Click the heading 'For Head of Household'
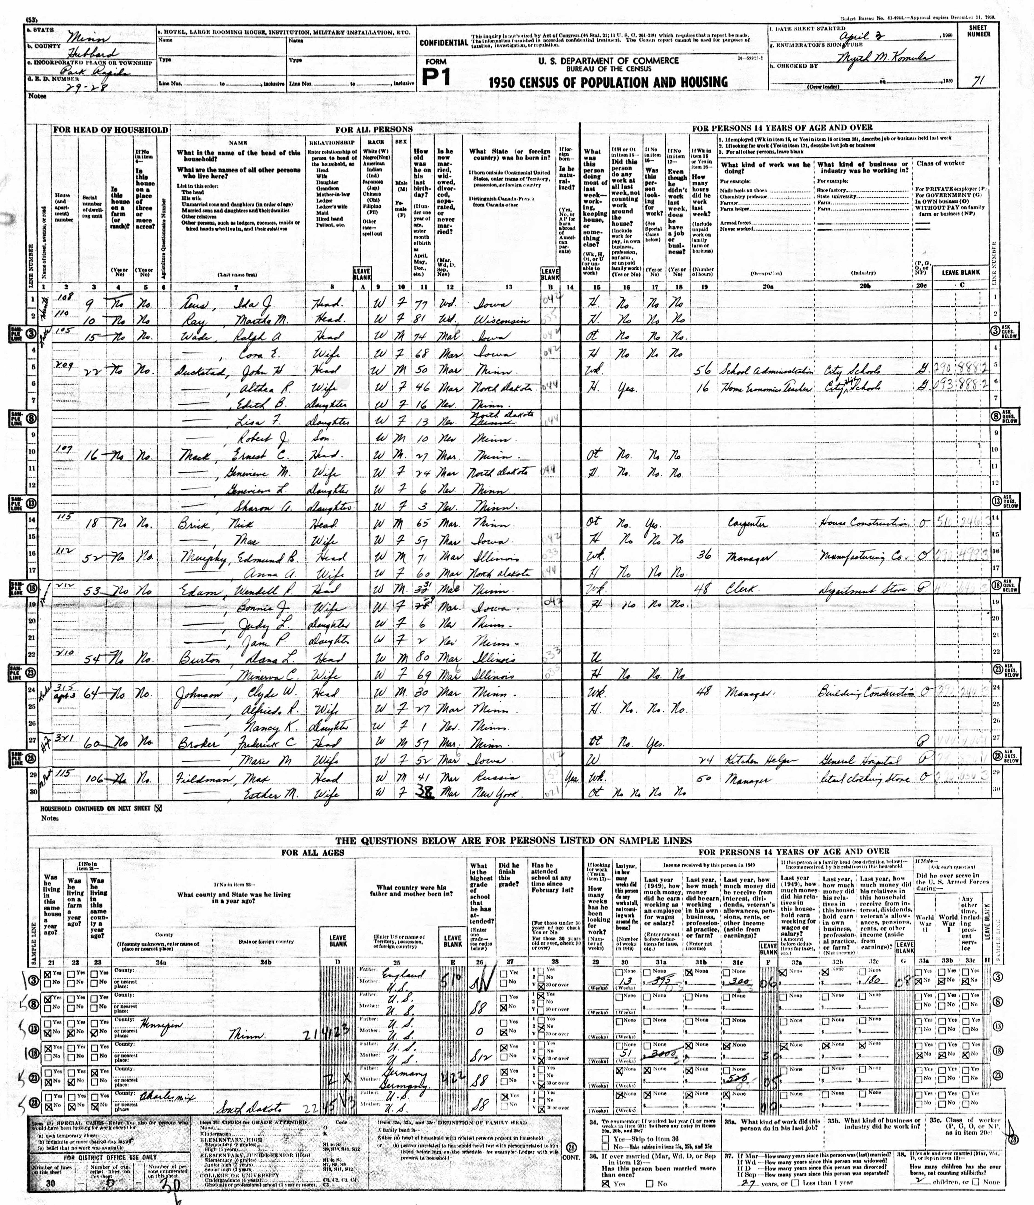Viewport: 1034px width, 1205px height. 110,130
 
